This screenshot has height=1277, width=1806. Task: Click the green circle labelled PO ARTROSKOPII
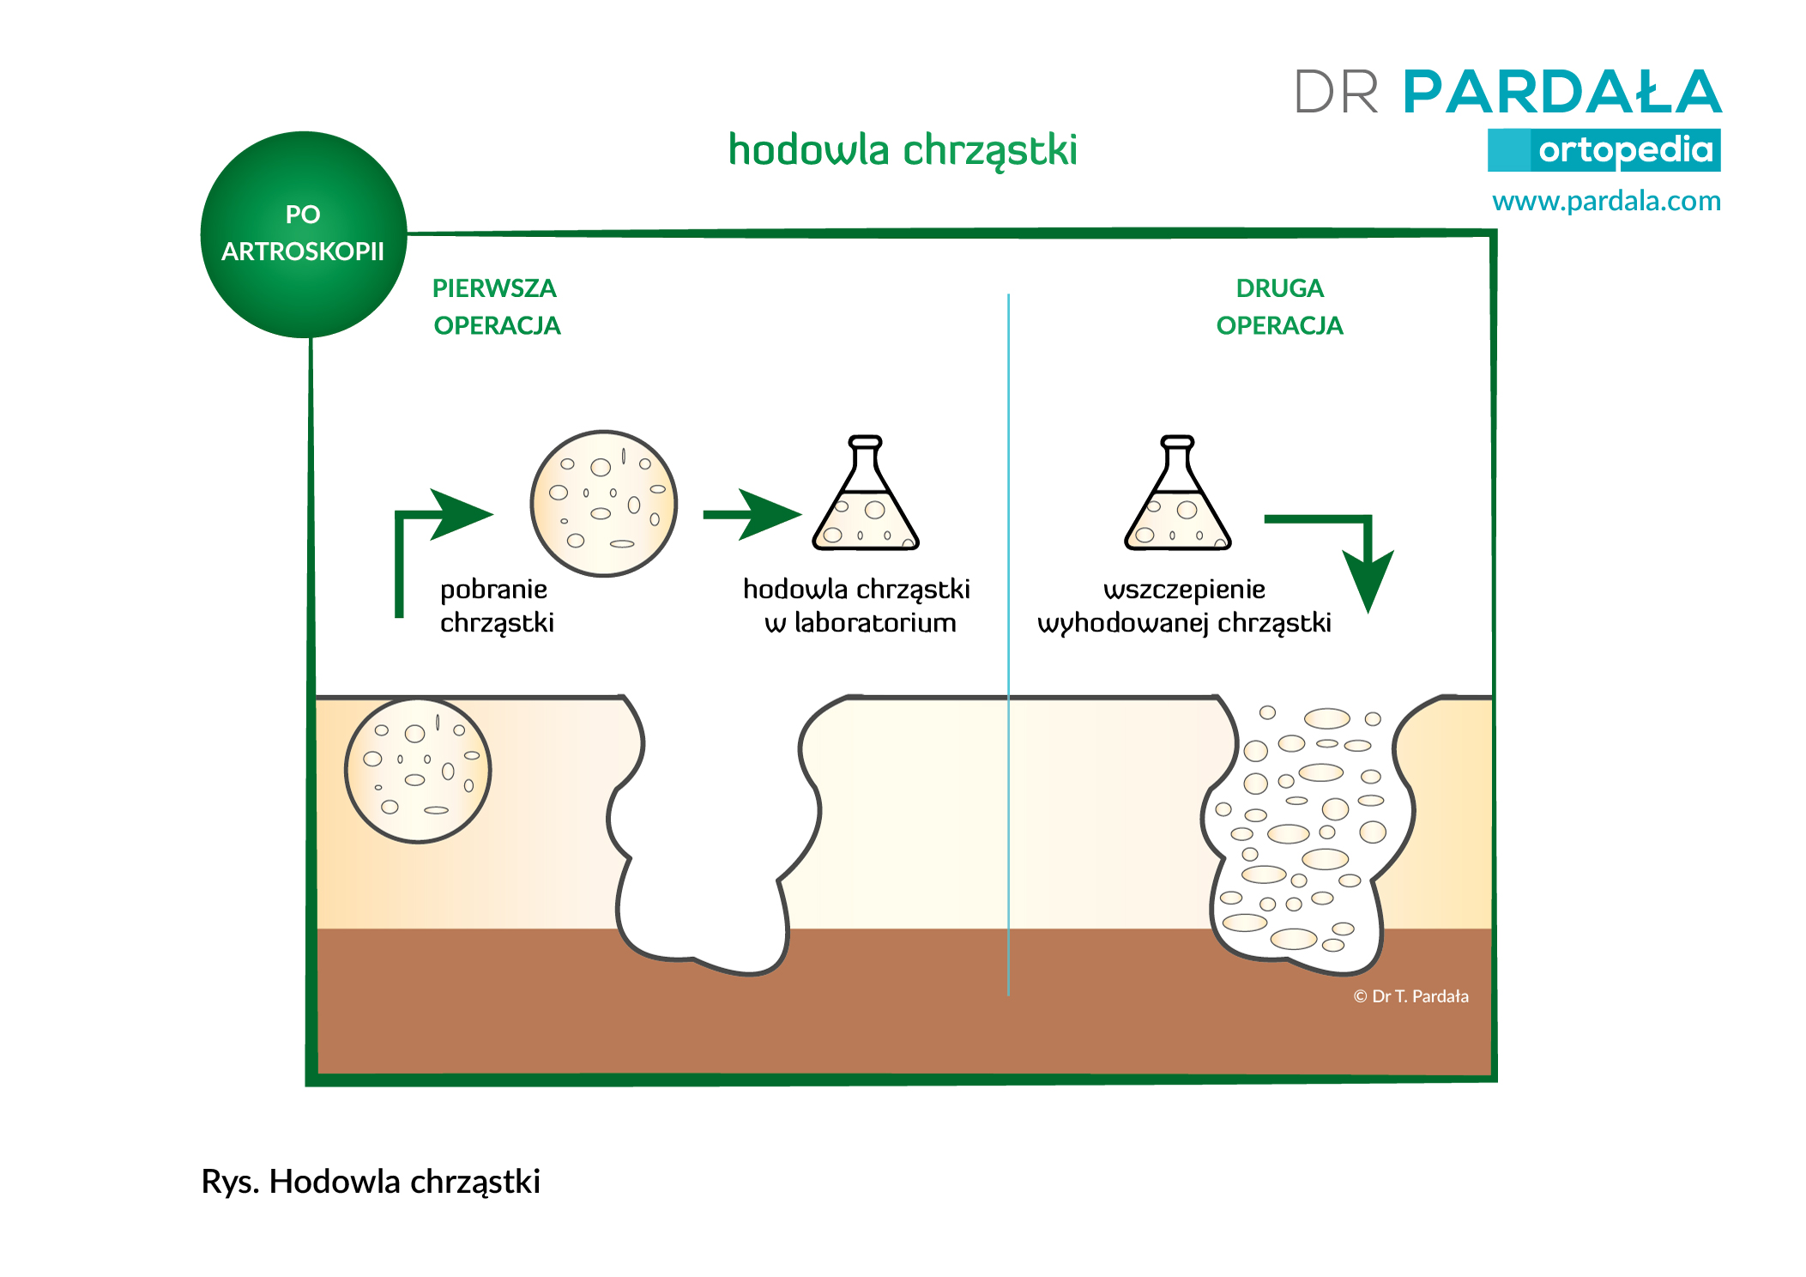tap(304, 234)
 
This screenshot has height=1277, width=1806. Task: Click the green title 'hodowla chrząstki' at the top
tap(903, 151)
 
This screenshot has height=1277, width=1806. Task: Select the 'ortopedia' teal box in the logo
tap(1604, 150)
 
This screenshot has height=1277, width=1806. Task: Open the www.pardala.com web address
tap(1606, 201)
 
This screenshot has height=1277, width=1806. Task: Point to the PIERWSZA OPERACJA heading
tap(496, 306)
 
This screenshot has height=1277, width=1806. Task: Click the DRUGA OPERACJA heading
tap(1279, 306)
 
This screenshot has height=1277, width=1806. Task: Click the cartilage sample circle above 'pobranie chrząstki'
tap(604, 504)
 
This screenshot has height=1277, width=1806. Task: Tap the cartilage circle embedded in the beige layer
tap(418, 770)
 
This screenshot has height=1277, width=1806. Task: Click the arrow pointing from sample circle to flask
tap(752, 515)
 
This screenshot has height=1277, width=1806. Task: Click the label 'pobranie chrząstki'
tap(497, 606)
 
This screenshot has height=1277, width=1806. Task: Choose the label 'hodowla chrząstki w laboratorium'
tap(857, 606)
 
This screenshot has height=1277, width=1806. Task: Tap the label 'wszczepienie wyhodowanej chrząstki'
tap(1184, 606)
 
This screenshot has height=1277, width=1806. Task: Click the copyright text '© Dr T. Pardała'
tap(1411, 996)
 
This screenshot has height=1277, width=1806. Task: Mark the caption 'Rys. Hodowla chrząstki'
tap(371, 1183)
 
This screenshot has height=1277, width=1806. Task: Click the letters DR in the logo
tap(1337, 92)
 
